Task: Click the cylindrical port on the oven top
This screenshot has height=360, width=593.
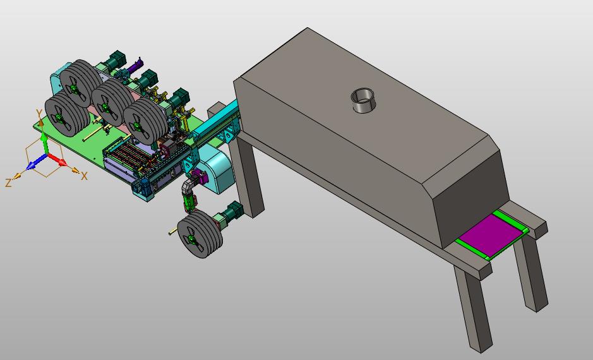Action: point(363,100)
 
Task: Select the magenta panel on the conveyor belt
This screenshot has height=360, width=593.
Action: point(491,236)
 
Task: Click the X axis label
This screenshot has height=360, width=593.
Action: point(84,176)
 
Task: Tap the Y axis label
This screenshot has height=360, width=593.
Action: point(39,113)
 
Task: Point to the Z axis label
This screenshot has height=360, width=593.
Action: point(8,183)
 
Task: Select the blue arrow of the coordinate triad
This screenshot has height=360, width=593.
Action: point(36,162)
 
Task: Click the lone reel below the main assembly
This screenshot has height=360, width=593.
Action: point(200,234)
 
